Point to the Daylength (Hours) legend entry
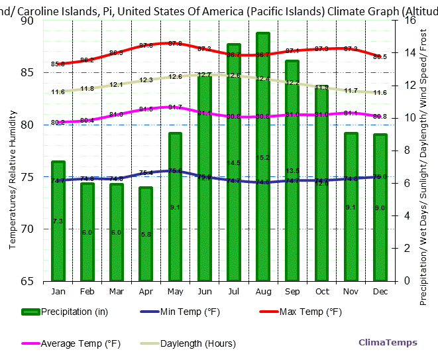coord(188,343)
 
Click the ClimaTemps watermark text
coord(388,343)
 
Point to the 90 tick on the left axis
coord(27,21)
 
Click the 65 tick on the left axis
coord(27,281)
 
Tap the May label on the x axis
coord(175,292)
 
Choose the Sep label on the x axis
coord(292,292)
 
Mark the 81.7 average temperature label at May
coord(175,107)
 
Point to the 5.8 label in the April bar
coord(146,235)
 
